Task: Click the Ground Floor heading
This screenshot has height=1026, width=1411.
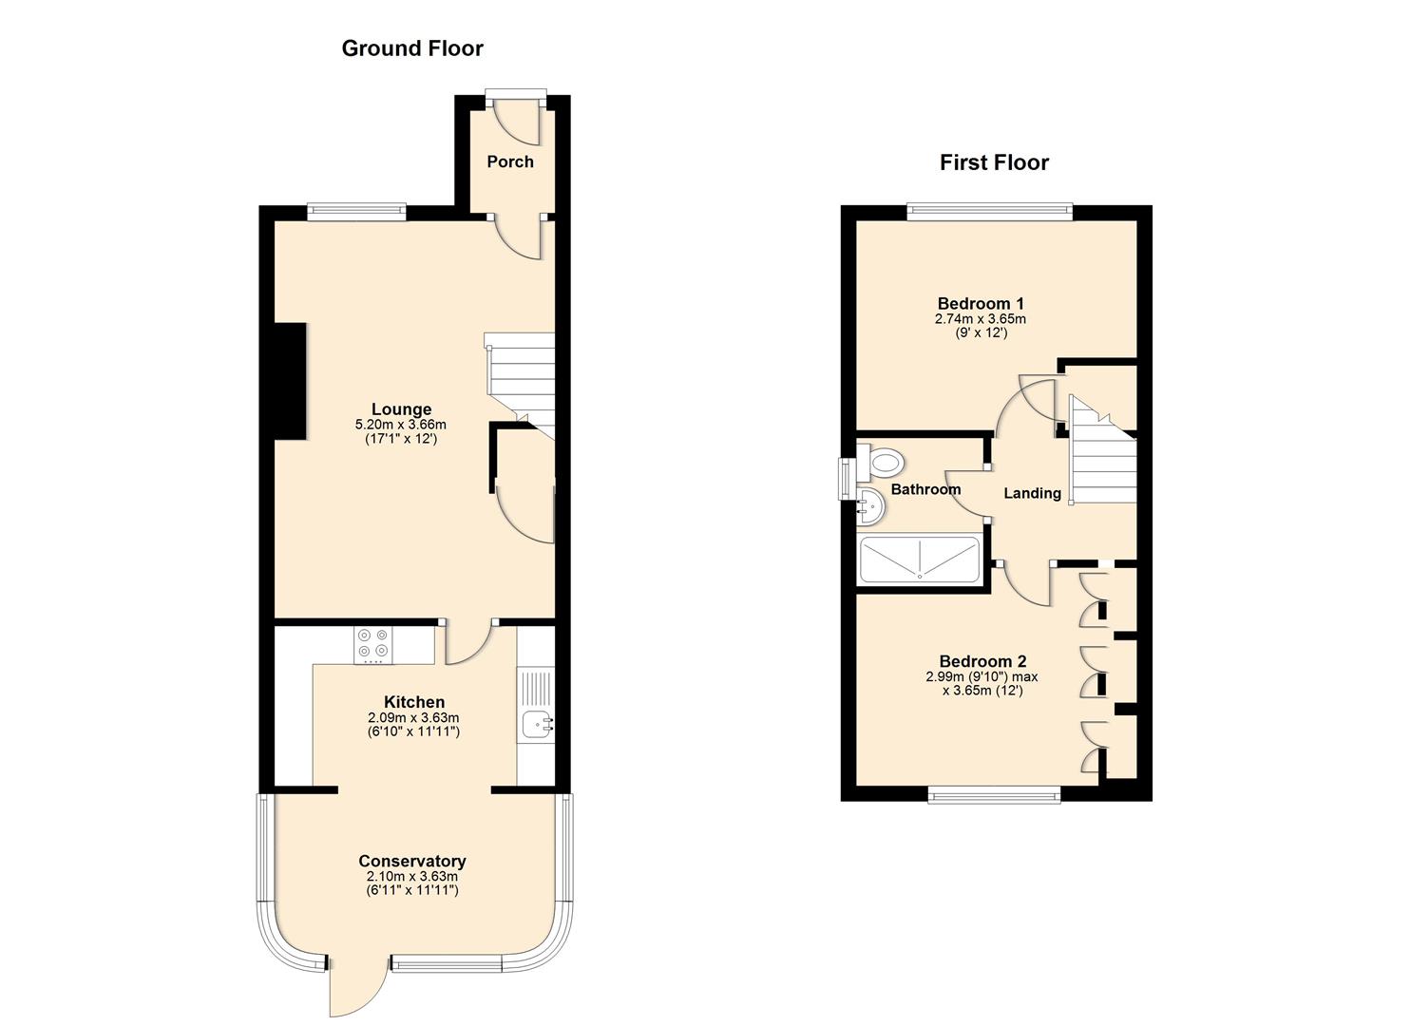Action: coord(412,48)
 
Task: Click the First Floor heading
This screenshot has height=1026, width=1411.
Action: coord(994,162)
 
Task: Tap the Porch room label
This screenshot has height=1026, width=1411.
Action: coord(510,161)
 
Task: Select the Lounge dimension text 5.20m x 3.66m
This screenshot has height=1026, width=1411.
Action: coord(401,426)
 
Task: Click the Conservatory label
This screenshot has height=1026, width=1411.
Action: coord(412,861)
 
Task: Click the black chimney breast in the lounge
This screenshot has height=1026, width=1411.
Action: coord(291,381)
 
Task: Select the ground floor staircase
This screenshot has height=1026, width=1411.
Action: coord(520,385)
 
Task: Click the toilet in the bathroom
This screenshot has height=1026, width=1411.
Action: coord(881,463)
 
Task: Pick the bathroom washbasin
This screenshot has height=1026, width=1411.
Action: coord(871,505)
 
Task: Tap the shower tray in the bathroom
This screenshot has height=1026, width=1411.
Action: coord(920,560)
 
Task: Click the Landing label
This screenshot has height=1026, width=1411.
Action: coord(1033,493)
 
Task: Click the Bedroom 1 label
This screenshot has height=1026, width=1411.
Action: coord(981,304)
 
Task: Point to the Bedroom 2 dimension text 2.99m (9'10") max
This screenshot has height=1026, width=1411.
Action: coord(982,677)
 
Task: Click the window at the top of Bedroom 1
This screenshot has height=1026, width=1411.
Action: coord(989,212)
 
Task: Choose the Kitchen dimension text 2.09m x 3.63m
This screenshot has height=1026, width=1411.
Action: coord(413,717)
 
